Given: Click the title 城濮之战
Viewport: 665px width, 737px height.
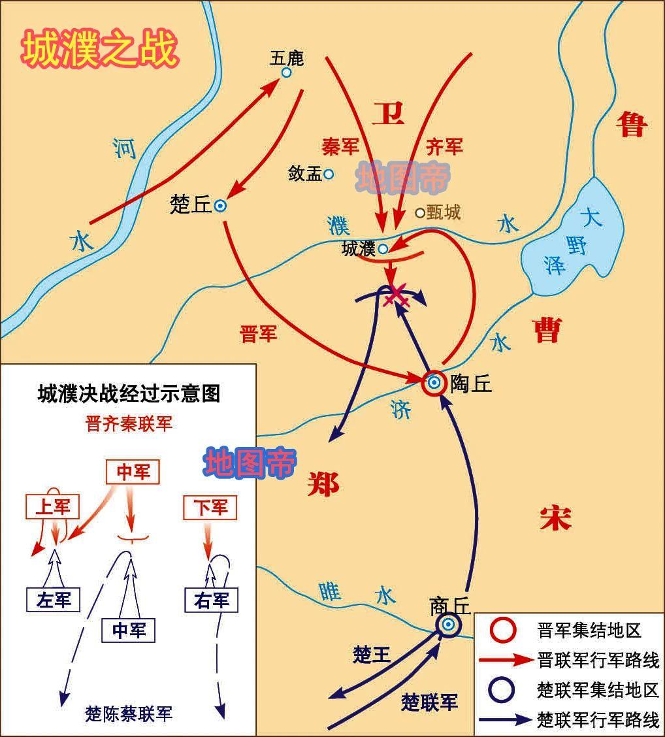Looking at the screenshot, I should tap(100, 50).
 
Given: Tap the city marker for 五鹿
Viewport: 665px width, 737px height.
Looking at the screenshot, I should tap(286, 73).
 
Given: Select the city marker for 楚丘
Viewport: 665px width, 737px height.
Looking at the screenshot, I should tap(221, 206).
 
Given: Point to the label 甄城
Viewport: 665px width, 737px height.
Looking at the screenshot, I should tap(444, 212).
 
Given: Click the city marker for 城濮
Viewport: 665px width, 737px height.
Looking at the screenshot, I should tap(383, 248).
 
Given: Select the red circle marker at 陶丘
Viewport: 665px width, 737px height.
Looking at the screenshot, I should tap(434, 383).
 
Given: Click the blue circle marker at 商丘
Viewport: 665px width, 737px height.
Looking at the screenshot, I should tap(448, 625).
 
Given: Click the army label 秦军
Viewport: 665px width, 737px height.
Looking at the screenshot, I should tap(341, 147).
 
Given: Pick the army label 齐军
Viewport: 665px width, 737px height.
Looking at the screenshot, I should tap(444, 147).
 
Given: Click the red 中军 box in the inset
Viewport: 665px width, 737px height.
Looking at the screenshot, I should tap(133, 472).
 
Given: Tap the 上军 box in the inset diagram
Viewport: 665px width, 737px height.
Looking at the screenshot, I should tap(52, 506).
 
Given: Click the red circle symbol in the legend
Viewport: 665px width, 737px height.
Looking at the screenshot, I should tap(504, 631).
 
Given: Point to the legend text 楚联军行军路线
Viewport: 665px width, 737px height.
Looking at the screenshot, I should tap(598, 720).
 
